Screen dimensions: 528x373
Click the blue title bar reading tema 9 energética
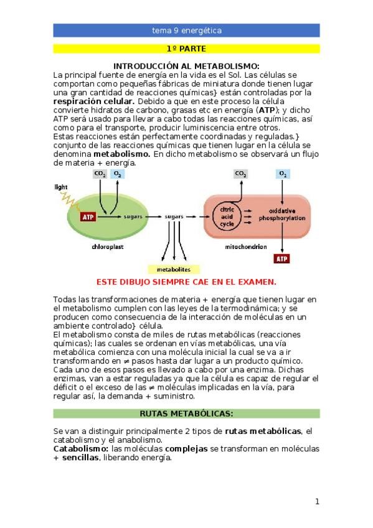186,31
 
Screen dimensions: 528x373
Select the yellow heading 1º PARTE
186,49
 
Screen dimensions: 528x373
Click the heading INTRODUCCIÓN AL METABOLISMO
186,67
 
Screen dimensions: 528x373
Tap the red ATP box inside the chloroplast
88,217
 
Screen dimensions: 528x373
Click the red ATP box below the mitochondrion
281,258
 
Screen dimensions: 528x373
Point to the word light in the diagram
61,187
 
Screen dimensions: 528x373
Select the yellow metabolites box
173,270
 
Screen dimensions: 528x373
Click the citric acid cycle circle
227,215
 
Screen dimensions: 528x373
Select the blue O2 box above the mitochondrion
283,173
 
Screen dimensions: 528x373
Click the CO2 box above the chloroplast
100,173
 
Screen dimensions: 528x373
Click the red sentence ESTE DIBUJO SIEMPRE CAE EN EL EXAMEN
186,281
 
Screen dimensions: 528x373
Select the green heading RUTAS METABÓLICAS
186,413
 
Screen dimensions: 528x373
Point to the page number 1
317,501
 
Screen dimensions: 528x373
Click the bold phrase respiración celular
93,101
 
